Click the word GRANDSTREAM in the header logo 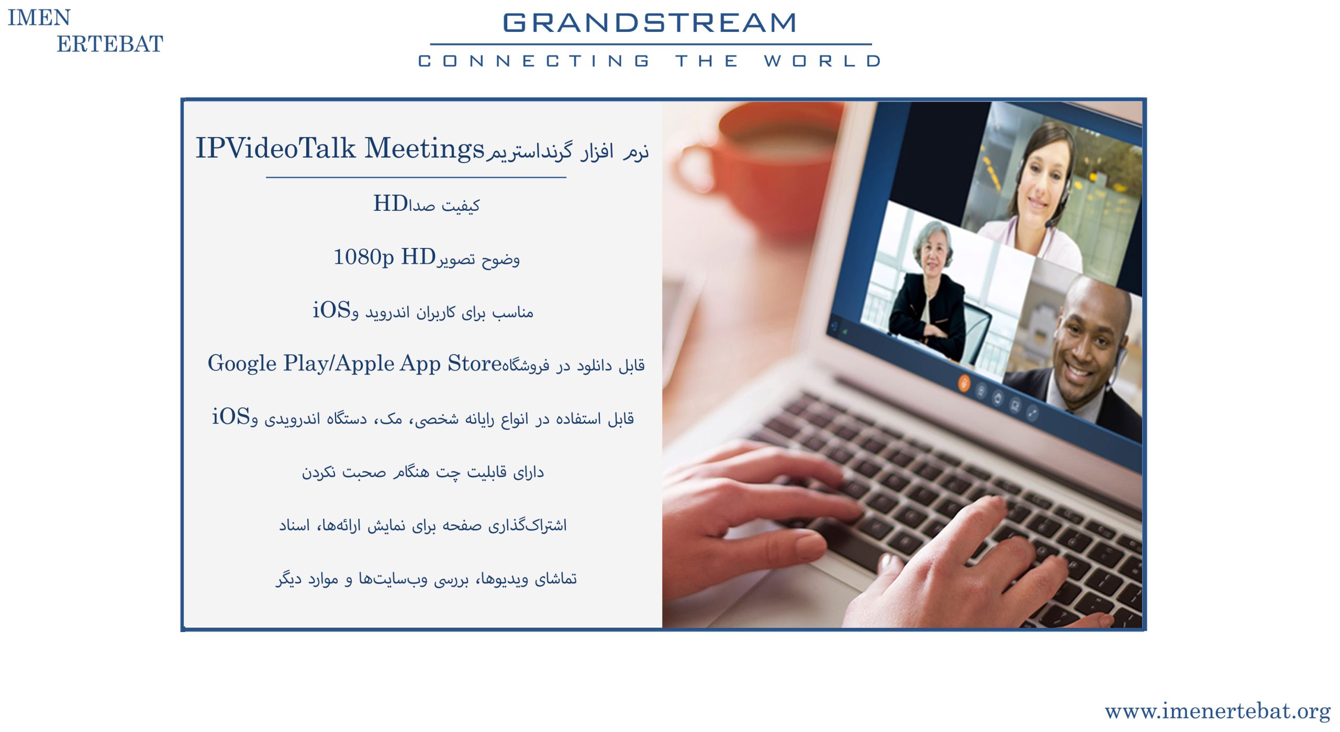tap(650, 22)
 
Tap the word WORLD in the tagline tap(822, 61)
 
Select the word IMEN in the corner tap(39, 18)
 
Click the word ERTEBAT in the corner tap(110, 44)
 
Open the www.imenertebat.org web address tap(1218, 711)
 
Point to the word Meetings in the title tap(425, 149)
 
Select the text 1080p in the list tap(364, 257)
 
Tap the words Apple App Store tap(418, 364)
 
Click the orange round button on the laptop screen tap(964, 383)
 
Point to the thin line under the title tap(416, 177)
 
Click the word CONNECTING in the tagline tap(534, 61)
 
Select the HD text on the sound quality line tap(390, 204)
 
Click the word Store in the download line tap(475, 363)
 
